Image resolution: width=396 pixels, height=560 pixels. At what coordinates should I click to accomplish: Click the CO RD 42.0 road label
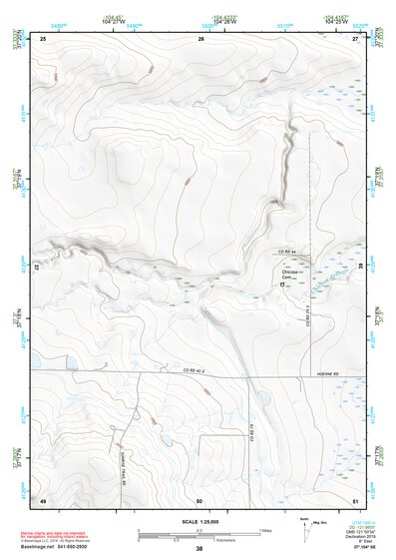point(197,371)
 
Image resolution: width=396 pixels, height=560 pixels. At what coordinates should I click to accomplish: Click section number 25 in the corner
point(44,38)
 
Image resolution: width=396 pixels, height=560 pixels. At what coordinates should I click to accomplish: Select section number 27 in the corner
point(356,38)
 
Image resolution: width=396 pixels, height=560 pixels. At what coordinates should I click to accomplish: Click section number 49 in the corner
point(44,499)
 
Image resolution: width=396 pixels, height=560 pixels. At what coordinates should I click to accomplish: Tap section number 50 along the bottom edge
point(200,499)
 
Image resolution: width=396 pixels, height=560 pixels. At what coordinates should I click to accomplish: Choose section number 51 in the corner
point(356,499)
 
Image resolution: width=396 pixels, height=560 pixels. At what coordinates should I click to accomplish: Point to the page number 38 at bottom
point(199,549)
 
